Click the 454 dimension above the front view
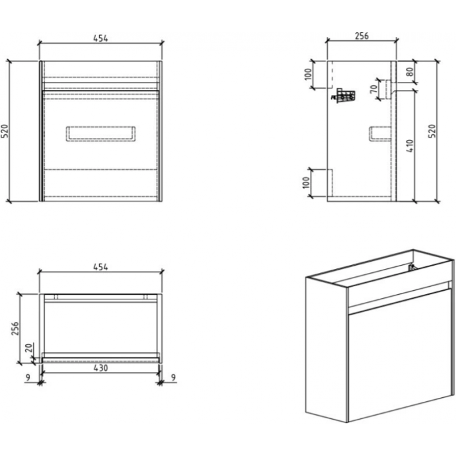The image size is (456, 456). coord(101,38)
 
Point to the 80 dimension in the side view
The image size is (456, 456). coord(410,72)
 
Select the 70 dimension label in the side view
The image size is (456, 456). coord(373,89)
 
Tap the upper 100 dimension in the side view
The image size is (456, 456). coord(307,73)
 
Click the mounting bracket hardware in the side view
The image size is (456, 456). coord(343,95)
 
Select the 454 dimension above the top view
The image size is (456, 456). coord(101,267)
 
